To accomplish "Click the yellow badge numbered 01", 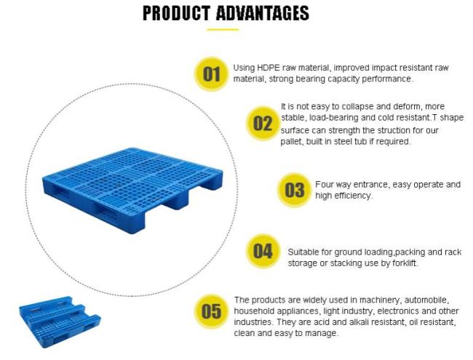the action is point(212,74).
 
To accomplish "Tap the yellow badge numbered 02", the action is point(263,123).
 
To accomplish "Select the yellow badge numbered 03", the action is point(295,190).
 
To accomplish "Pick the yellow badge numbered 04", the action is point(263,251).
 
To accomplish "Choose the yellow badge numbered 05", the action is point(211,311).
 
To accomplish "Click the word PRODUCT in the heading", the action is point(177,13).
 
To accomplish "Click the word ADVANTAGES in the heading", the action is point(263,13).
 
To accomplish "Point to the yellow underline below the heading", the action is point(223,30).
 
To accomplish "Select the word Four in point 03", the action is point(325,184).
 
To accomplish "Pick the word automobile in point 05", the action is point(426,300).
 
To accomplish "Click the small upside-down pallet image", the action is point(60,322).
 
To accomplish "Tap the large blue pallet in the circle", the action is point(132,191).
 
